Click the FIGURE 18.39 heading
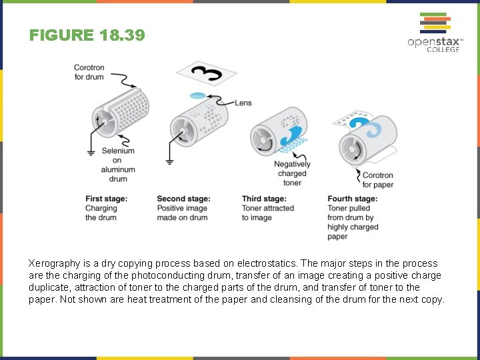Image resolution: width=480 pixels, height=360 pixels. (87, 35)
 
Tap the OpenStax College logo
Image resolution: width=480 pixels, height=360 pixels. (434, 33)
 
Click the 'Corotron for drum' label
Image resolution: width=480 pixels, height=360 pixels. (89, 72)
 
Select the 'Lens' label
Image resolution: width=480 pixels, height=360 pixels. (243, 103)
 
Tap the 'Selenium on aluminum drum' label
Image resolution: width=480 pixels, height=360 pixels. (118, 165)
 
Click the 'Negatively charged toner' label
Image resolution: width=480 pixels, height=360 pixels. (292, 173)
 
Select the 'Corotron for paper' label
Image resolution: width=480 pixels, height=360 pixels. (377, 180)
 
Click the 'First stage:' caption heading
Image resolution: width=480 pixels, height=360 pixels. (106, 199)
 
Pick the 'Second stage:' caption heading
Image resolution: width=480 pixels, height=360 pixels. (183, 199)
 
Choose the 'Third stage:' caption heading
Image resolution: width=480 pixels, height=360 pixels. (264, 199)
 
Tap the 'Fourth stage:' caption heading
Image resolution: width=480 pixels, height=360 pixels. (352, 199)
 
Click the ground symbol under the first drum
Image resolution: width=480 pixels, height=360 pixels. (91, 153)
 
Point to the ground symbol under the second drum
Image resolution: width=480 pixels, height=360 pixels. (169, 161)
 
